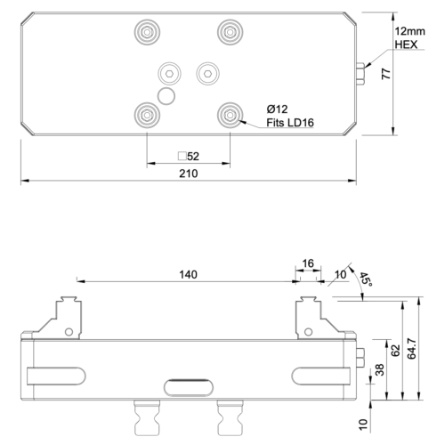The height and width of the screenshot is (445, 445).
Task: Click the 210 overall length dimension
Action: pyautogui.click(x=188, y=174)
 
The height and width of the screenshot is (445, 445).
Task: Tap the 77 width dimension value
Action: pyautogui.click(x=385, y=74)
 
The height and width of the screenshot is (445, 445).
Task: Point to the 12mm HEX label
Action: pyautogui.click(x=407, y=37)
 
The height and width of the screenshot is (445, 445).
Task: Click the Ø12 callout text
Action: pyautogui.click(x=276, y=109)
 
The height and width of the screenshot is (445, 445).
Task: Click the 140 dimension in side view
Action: pyautogui.click(x=188, y=275)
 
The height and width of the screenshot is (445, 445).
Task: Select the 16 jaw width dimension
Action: pyautogui.click(x=309, y=264)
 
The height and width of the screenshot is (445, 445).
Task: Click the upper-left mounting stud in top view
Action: pyautogui.click(x=146, y=33)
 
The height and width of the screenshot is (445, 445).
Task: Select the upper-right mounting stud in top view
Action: pyautogui.click(x=230, y=33)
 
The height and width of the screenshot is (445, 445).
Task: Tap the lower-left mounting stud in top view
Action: pyautogui.click(x=146, y=113)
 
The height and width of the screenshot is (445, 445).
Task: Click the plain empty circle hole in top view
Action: pyautogui.click(x=166, y=93)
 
